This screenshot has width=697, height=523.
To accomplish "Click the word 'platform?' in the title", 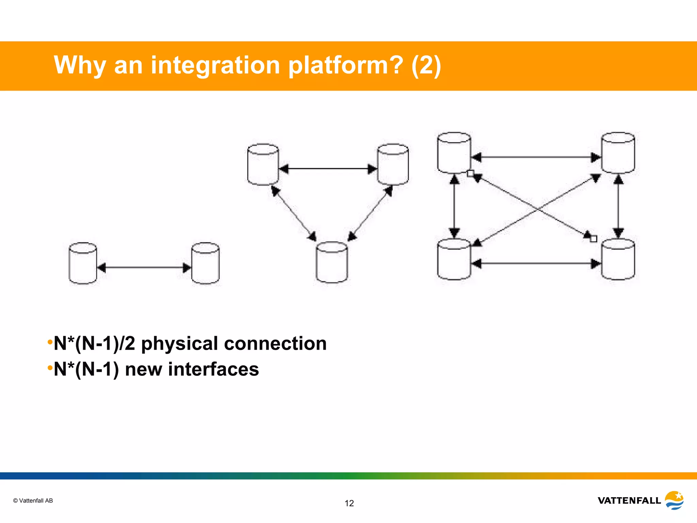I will click(x=345, y=65).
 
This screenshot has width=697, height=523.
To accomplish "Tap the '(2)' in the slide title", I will click(x=426, y=65).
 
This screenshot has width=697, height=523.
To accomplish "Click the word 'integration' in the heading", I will click(x=215, y=65).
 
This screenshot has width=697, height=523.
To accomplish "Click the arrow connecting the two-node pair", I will click(x=144, y=268).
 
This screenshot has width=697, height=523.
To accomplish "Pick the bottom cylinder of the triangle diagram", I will click(x=332, y=263).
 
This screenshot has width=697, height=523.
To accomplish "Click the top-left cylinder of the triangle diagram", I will click(x=263, y=165).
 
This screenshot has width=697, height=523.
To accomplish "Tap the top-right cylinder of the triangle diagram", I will click(x=393, y=165).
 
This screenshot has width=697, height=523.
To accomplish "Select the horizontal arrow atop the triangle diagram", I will click(x=328, y=169).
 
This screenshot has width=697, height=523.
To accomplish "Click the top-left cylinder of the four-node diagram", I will click(x=454, y=153).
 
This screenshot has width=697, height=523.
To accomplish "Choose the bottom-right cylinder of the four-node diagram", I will click(x=618, y=259).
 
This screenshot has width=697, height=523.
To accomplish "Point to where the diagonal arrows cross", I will click(x=537, y=209).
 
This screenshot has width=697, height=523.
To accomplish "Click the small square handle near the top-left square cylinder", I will click(x=470, y=173).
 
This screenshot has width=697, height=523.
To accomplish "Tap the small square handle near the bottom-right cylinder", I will click(x=594, y=239).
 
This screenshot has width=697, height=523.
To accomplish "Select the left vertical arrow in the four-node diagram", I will click(x=454, y=206).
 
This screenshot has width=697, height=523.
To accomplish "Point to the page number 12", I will click(x=349, y=503).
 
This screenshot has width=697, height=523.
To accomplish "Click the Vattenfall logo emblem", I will click(x=674, y=500).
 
